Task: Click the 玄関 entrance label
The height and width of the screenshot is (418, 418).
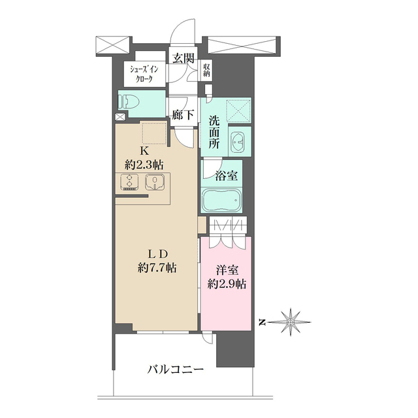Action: pos(184,57)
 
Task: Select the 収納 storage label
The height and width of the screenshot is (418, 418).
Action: pos(206,69)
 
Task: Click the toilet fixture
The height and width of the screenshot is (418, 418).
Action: pos(129,101)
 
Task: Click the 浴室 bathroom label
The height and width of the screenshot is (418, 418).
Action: pos(227,175)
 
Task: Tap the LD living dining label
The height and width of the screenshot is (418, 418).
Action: pos(156,253)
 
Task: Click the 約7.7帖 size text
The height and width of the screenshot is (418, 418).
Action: pos(156,267)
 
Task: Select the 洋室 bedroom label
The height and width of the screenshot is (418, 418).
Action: pos(226,270)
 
